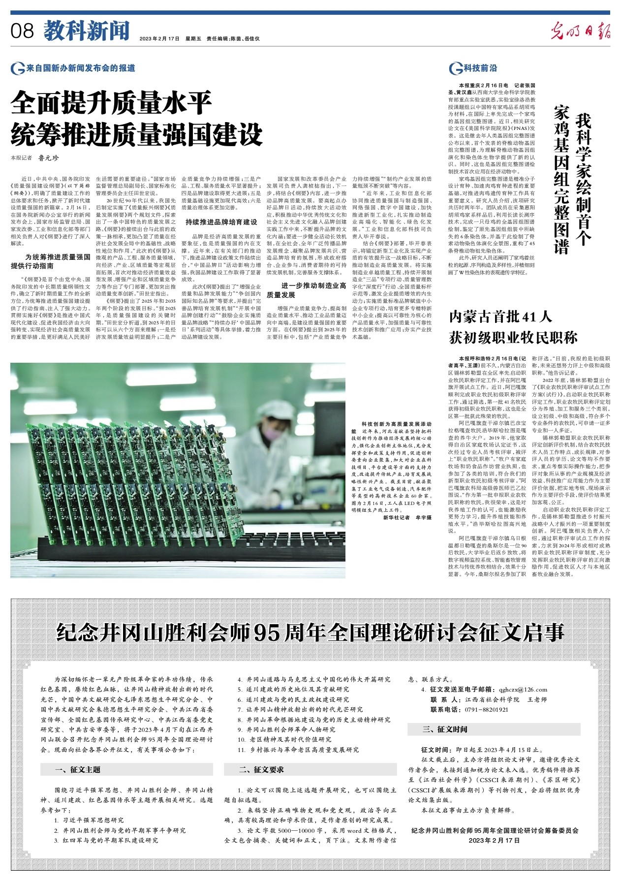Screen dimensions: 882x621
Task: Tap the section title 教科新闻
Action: click(87, 31)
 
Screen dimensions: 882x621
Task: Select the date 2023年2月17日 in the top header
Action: click(159, 38)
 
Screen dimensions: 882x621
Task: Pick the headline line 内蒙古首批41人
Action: click(500, 316)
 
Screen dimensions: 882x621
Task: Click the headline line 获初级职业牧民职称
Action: click(513, 338)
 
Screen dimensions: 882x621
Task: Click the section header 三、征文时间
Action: click(445, 729)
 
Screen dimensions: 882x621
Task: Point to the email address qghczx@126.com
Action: click(523, 689)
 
